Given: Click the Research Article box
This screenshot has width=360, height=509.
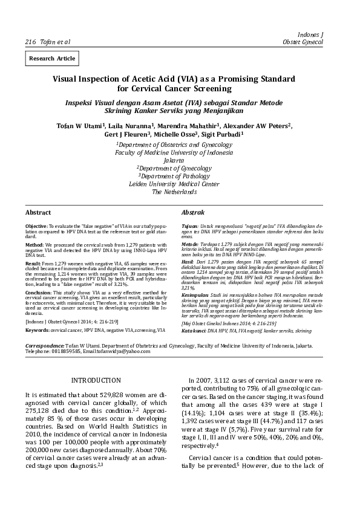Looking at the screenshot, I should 51,59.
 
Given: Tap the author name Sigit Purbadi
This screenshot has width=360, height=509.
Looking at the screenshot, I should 220,134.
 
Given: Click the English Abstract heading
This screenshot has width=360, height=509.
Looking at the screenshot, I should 38,213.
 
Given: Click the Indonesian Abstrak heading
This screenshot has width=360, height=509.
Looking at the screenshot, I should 193,213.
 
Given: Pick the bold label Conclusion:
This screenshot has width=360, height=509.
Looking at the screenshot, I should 38,291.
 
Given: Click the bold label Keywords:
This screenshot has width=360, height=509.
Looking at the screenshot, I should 37,331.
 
